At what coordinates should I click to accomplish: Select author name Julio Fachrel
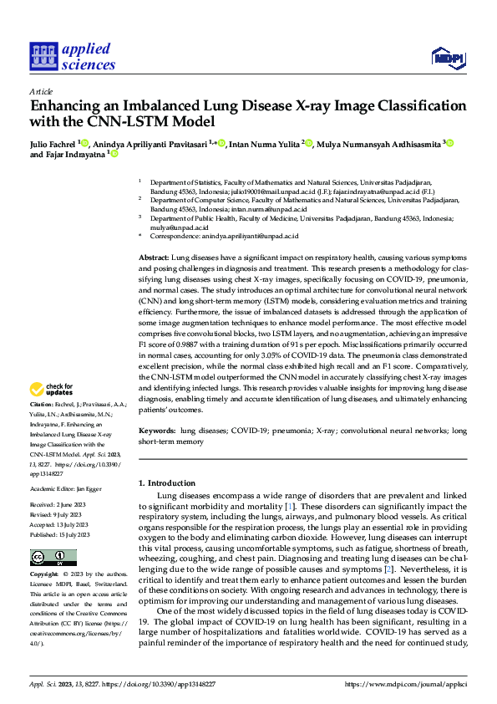pos(53,143)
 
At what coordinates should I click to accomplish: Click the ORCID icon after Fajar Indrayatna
pos(114,155)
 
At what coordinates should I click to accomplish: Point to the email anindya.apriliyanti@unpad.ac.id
pos(248,237)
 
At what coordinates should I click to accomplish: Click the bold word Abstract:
pos(153,258)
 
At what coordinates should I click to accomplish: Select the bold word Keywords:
pos(157,430)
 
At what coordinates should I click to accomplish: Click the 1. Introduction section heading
pos(165,482)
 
